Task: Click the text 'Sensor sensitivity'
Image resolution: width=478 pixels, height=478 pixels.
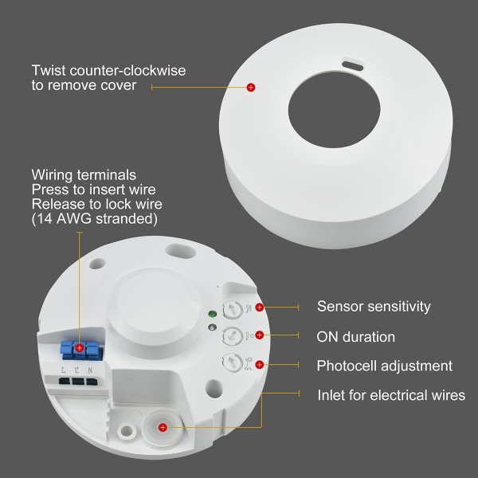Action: coord(374,307)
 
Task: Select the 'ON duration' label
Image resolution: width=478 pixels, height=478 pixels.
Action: coord(355,337)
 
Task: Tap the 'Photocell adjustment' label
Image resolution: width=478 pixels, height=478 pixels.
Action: coord(384,366)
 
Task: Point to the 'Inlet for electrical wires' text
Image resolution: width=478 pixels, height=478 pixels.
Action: coord(391,395)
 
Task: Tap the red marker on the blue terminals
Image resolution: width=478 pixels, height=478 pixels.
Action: coord(80,348)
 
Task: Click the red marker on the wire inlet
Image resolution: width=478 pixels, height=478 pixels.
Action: coord(163,428)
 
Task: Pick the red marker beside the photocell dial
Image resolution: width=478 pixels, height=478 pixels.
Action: coord(259,365)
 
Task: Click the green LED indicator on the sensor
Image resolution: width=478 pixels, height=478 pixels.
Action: coord(210,314)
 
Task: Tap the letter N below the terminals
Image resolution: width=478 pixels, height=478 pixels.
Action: coord(92,370)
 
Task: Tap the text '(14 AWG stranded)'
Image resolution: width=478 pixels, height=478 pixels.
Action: coord(94,218)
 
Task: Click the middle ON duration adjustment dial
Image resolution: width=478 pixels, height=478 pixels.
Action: coord(231,335)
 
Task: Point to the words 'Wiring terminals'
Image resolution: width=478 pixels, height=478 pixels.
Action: coord(84,175)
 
